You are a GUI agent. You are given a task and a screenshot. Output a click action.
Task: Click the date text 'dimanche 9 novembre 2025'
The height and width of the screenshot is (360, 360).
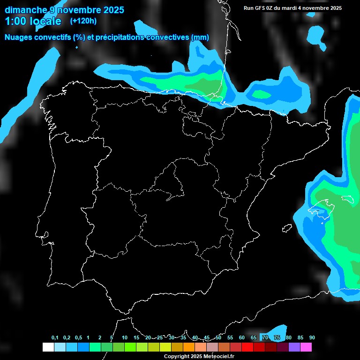64,10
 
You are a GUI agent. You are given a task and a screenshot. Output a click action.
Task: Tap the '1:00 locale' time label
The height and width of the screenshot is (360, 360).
33,21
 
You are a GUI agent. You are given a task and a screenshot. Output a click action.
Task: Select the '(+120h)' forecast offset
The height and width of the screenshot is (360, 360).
83,21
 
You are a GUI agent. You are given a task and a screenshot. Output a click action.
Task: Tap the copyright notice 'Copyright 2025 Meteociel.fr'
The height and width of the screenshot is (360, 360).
199,356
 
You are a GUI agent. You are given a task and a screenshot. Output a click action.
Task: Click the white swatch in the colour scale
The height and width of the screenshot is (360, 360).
48,347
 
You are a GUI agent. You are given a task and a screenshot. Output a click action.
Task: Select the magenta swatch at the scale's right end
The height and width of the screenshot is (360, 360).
306,347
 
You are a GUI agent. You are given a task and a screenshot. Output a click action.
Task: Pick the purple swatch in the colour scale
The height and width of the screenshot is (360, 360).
294,347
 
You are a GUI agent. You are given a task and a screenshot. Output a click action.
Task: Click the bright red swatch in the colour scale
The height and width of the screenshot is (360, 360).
247,347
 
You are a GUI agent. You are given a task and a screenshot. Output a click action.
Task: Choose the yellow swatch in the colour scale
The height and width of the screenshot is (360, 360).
165,347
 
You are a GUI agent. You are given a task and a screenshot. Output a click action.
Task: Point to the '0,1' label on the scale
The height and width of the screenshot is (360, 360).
55,338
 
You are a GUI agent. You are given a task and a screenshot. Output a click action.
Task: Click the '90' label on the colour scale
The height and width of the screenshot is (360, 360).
312,338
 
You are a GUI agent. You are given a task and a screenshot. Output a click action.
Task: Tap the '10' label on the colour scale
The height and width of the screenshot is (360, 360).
125,338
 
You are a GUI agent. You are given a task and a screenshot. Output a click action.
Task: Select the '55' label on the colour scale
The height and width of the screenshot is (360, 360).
230,338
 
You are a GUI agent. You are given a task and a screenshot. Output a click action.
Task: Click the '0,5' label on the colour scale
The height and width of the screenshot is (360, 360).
78,338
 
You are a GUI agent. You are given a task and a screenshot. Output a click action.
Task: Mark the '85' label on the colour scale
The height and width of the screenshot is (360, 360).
300,338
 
